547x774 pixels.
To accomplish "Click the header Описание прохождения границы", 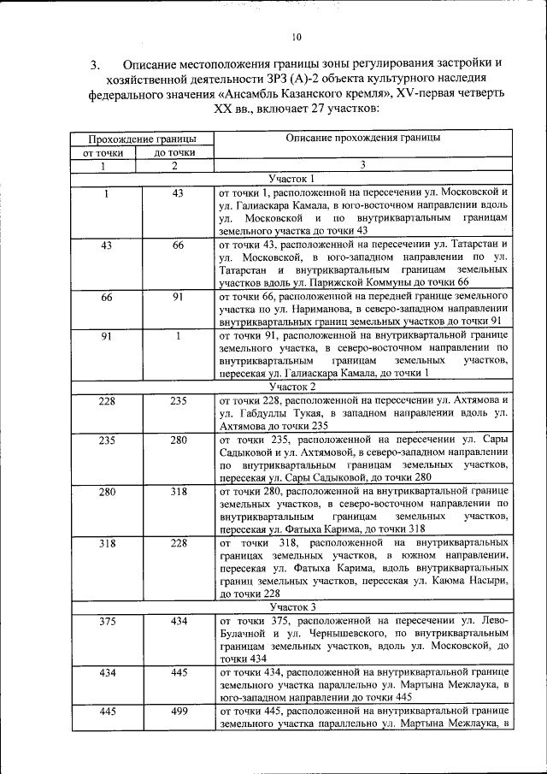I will tap(363, 138).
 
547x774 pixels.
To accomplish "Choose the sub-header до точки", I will tap(174, 152).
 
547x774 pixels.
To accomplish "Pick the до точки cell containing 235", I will tap(178, 400).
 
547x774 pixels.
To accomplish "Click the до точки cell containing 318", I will tap(178, 492).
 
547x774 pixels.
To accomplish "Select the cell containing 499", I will tap(178, 711).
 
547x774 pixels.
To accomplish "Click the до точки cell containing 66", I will tap(178, 245).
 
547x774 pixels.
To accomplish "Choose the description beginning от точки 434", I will tap(364, 685).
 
